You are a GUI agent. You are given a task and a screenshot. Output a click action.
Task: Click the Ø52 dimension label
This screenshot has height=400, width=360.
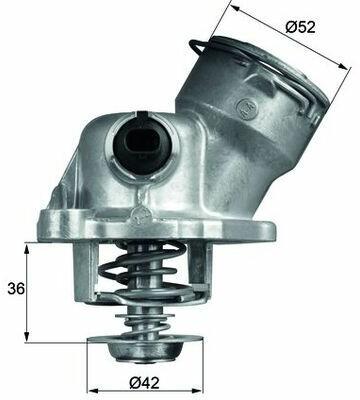[x=300, y=27]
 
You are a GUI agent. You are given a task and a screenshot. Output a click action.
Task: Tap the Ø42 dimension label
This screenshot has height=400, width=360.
[x=144, y=384]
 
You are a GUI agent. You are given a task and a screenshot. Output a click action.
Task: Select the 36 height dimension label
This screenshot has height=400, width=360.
[x=16, y=289]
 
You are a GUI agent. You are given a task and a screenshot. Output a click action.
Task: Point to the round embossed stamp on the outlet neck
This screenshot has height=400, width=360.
[x=247, y=106]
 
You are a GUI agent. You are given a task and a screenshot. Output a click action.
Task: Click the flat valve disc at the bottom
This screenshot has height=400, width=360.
[x=145, y=339]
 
